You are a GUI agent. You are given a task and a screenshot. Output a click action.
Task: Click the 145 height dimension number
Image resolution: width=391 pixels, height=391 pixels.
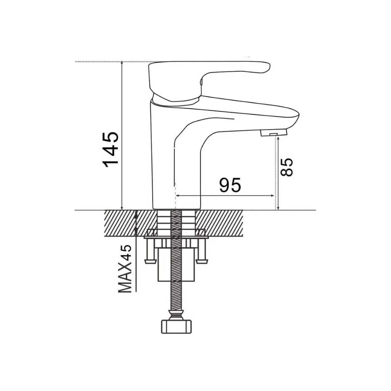111,149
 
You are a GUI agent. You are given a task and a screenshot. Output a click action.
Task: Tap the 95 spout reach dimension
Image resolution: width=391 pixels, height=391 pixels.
230,185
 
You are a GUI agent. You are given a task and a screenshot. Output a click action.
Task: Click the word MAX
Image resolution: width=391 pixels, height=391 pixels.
125,277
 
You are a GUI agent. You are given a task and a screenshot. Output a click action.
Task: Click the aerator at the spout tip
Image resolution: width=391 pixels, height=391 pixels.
273,132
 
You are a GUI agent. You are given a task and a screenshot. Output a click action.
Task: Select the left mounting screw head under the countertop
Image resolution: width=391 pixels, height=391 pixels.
151,261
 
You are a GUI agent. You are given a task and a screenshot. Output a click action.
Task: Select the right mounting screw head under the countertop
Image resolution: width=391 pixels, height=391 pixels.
202,261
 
